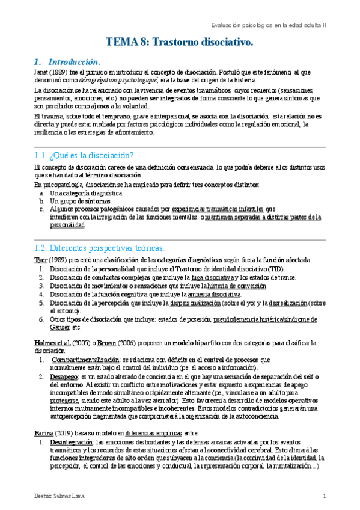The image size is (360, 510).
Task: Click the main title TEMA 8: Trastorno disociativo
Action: click(x=180, y=42)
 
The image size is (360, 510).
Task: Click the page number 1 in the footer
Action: click(x=324, y=497)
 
